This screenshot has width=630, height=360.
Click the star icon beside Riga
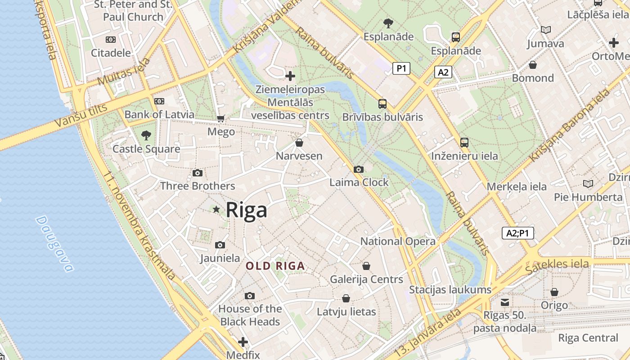pyautogui.click(x=216, y=209)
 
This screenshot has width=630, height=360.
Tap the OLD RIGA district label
pyautogui.click(x=275, y=266)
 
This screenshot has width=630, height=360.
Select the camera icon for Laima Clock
pyautogui.click(x=359, y=169)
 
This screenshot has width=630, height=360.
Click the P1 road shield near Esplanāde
pyautogui.click(x=401, y=68)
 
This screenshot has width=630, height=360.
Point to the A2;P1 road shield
pyautogui.click(x=517, y=233)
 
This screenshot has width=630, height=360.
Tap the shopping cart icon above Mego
pyautogui.click(x=220, y=118)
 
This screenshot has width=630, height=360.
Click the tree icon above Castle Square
pyautogui.click(x=146, y=135)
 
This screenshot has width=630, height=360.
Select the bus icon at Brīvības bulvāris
pyautogui.click(x=382, y=103)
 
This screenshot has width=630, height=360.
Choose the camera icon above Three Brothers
pyautogui.click(x=197, y=173)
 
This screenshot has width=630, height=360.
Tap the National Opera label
pyautogui.click(x=398, y=241)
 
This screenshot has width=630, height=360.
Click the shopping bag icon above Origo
pyautogui.click(x=554, y=292)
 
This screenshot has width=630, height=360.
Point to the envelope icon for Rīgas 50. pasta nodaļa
pyautogui.click(x=505, y=302)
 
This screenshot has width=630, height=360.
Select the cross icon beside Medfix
pyautogui.click(x=243, y=342)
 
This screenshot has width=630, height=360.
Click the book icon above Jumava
pyautogui.click(x=546, y=30)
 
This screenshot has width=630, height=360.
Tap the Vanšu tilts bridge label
pyautogui.click(x=81, y=115)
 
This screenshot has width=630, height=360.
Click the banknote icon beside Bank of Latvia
pyautogui.click(x=159, y=101)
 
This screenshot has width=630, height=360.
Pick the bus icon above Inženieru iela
pyautogui.click(x=464, y=143)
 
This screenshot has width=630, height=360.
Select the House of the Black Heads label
pyautogui.click(x=250, y=315)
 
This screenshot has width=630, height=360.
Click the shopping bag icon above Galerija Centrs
pyautogui.click(x=366, y=266)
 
